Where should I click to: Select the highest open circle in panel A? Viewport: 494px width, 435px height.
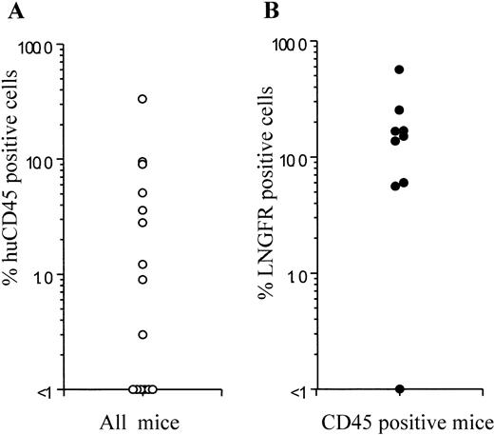click(x=142, y=99)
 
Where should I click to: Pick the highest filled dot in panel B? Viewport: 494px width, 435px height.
click(x=399, y=69)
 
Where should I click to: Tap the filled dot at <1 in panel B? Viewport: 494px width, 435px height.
click(x=399, y=389)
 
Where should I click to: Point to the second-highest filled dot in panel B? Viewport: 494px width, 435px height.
click(x=399, y=110)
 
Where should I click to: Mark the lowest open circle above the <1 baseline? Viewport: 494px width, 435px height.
click(x=142, y=334)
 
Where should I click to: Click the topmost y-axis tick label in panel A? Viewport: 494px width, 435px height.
click(x=38, y=46)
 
